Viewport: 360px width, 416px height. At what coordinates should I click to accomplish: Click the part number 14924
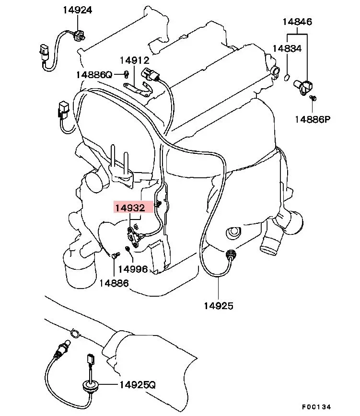(x=78, y=10)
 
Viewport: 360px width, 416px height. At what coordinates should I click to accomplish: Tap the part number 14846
(x=297, y=22)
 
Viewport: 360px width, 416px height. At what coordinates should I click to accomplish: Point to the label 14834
(x=287, y=48)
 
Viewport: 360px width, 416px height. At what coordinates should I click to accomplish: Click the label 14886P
(x=313, y=119)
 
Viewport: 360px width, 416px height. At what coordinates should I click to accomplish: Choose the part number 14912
(x=135, y=60)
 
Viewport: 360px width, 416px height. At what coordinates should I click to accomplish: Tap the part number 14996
(x=133, y=269)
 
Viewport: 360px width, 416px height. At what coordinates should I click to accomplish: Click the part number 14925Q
(x=138, y=385)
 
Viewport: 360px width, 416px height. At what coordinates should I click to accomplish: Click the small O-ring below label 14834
(x=287, y=78)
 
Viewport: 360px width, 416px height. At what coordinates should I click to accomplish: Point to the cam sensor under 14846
(x=305, y=87)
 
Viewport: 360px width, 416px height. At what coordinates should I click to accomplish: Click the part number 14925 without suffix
(x=218, y=305)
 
